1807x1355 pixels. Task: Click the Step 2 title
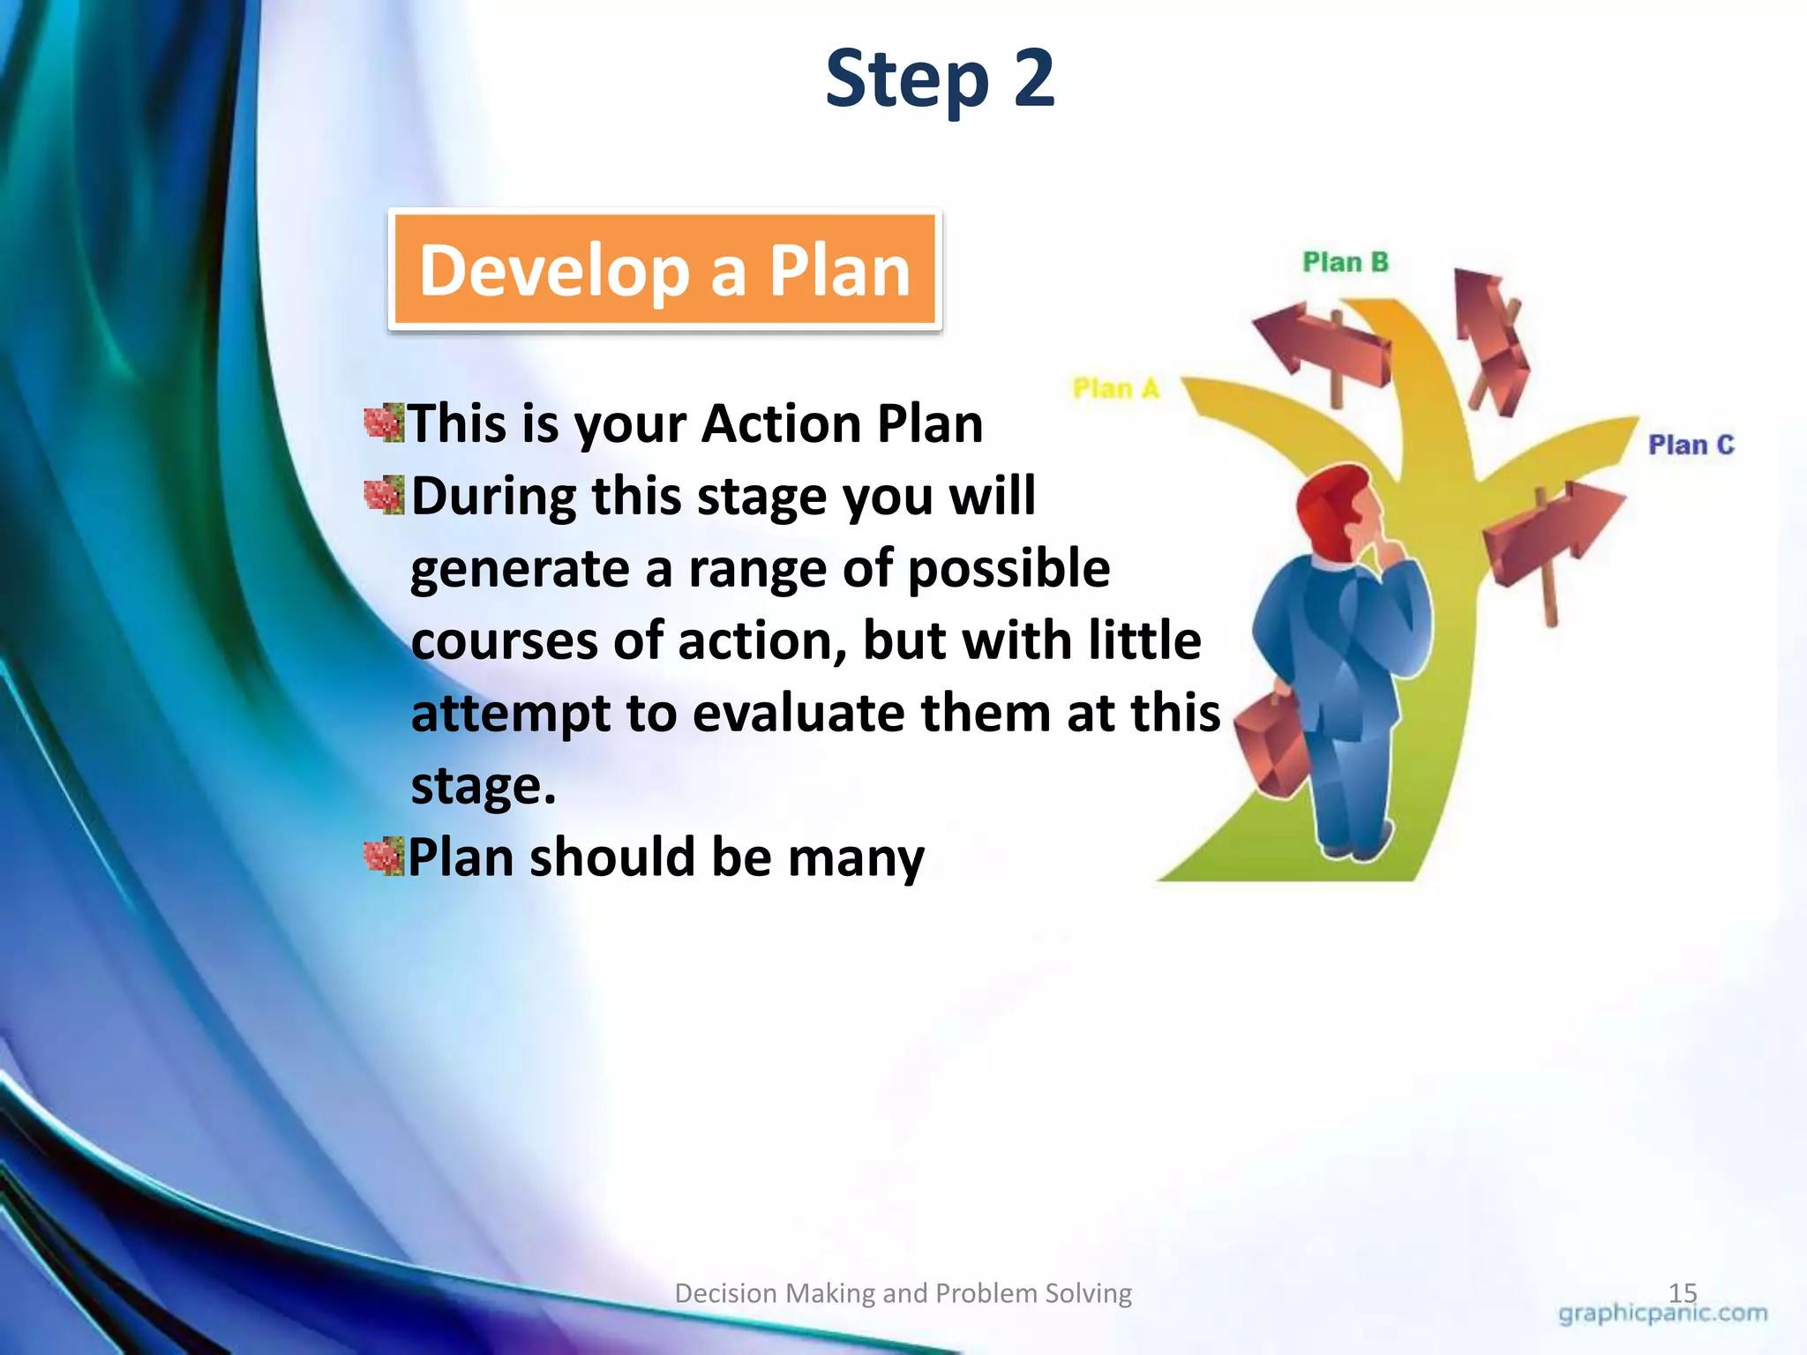(940, 79)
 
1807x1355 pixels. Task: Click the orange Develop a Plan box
(665, 270)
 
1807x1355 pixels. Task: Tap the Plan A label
(1115, 388)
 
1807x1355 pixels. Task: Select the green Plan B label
(1346, 262)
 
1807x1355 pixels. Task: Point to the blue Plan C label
(1691, 445)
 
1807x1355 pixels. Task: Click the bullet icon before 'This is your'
(384, 423)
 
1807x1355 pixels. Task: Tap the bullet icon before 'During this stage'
(384, 496)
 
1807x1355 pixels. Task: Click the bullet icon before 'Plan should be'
(384, 857)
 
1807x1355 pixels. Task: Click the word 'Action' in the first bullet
(781, 423)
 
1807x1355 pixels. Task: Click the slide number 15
(1683, 1292)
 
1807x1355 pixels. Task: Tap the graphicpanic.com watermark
(1662, 1314)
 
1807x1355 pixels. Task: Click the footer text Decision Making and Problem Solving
(903, 1293)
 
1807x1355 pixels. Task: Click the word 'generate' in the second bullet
(520, 569)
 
